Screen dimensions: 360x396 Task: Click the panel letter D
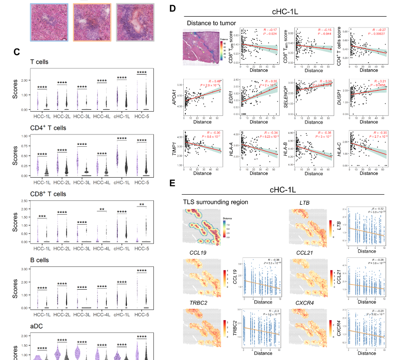172,9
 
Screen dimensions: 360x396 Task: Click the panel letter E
172,182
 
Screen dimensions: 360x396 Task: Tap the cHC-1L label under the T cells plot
120,115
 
